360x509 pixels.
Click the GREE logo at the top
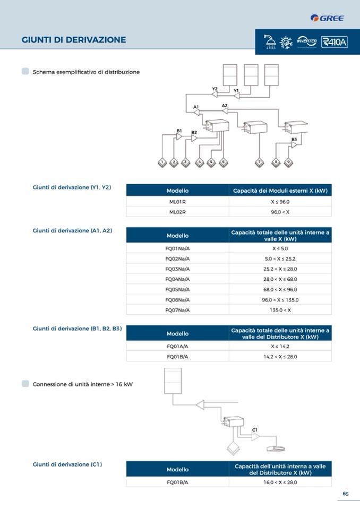click(328, 19)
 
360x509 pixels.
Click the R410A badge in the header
click(334, 41)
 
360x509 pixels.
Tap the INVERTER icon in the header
click(307, 41)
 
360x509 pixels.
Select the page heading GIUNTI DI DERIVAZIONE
click(74, 40)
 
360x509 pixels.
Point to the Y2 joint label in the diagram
click(215, 89)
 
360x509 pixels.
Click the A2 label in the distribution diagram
click(225, 106)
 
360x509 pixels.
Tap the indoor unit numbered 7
click(259, 162)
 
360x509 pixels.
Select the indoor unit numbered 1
click(162, 162)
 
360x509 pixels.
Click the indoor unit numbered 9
click(288, 162)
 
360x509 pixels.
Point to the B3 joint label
click(294, 139)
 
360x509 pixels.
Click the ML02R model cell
click(177, 212)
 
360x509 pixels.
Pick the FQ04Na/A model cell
click(177, 279)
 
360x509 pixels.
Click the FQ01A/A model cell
click(177, 346)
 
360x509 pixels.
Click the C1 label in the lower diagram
click(255, 429)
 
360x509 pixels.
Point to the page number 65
click(345, 494)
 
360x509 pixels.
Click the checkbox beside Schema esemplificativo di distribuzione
click(25, 71)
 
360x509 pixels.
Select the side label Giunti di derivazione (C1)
click(67, 464)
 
